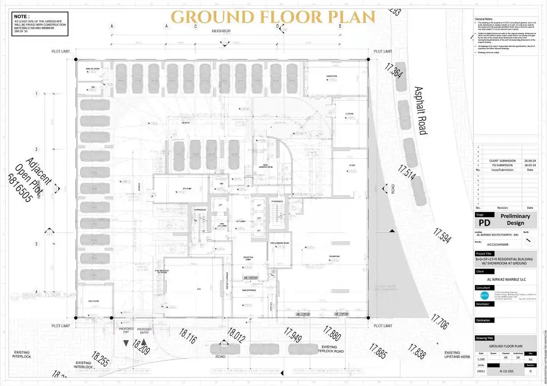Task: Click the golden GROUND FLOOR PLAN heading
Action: pos(273,17)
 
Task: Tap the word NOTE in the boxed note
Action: pos(21,16)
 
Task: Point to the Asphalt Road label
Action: pos(420,110)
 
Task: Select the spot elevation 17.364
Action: pos(393,71)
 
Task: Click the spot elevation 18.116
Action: pos(188,336)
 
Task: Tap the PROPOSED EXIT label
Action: pos(126,330)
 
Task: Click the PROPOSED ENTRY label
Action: pos(144,331)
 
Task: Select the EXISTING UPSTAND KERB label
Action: pos(457,355)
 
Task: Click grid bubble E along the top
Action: pos(340,26)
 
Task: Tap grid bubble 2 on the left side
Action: pos(37,149)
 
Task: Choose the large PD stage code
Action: pos(484,223)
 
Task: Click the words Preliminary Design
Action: pos(515,219)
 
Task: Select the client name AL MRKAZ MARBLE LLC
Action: pos(506,279)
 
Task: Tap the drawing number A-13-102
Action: pos(506,371)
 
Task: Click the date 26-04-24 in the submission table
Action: pos(530,161)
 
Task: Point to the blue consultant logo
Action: pos(484,295)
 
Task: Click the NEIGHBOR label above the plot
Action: pos(221,31)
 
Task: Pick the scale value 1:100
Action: pos(481,359)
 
